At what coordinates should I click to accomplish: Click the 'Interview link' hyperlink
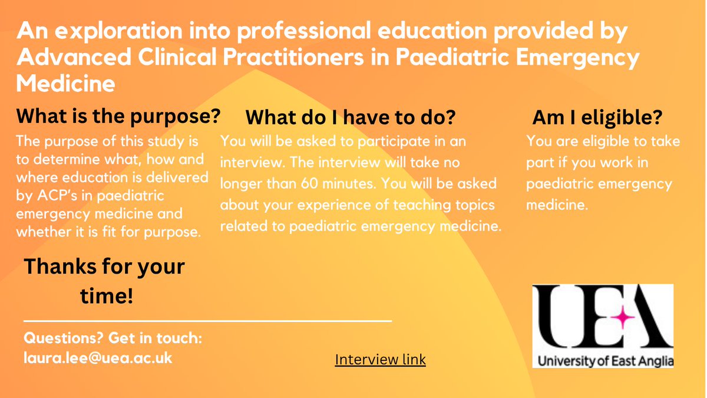(x=380, y=359)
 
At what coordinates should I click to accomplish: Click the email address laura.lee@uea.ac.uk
(x=98, y=358)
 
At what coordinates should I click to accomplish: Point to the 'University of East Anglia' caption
(x=603, y=360)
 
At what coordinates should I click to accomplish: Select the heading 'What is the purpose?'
(x=118, y=116)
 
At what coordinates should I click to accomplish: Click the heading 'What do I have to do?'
(x=351, y=118)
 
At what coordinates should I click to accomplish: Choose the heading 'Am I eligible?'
(x=597, y=118)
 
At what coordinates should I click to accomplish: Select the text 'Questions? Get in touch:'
(x=113, y=339)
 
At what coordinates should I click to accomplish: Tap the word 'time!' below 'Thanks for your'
(x=106, y=297)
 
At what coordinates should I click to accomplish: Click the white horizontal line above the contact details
(x=207, y=321)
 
